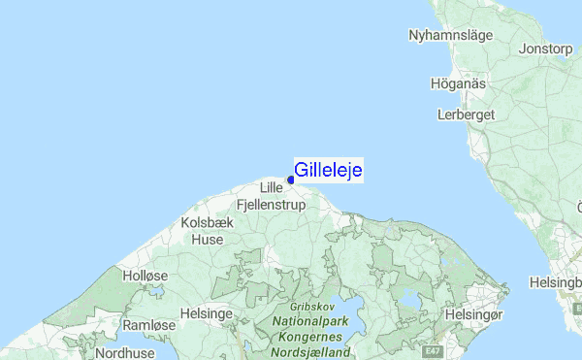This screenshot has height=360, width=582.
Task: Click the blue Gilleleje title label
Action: pos(328,171)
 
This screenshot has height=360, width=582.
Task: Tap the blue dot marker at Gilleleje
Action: pos(291,180)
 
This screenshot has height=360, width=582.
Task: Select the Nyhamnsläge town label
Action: pos(451,35)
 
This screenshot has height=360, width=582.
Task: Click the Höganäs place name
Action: pos(459,83)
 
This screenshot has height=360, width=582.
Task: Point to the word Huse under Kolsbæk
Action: pos(207,239)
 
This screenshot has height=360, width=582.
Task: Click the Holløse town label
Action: pos(146,276)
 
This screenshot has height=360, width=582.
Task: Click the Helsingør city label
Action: pos(474,314)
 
